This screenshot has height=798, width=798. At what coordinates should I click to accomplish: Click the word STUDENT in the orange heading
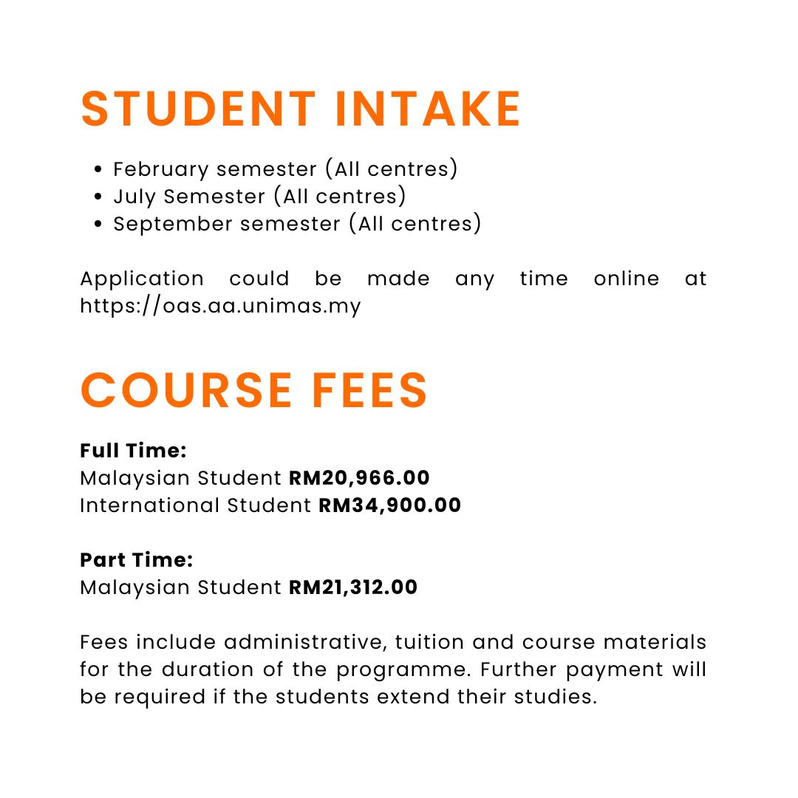point(198,109)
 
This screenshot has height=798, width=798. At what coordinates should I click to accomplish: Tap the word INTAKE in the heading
point(429,109)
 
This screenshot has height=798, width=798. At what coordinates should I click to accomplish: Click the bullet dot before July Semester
point(98,197)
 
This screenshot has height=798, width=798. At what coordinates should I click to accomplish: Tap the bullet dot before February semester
point(98,170)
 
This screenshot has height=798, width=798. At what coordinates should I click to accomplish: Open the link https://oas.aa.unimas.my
point(220,305)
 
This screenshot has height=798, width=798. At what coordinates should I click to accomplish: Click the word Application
point(142,279)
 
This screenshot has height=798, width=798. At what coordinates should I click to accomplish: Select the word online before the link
point(627,279)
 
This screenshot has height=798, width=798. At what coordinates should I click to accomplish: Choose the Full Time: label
point(133,451)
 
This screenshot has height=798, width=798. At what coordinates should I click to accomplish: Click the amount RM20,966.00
point(359,478)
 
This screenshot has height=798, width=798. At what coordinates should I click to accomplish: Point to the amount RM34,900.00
point(389,505)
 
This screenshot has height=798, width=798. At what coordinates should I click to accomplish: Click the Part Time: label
point(136,560)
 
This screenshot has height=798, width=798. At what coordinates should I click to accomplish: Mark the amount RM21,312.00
point(353,587)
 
